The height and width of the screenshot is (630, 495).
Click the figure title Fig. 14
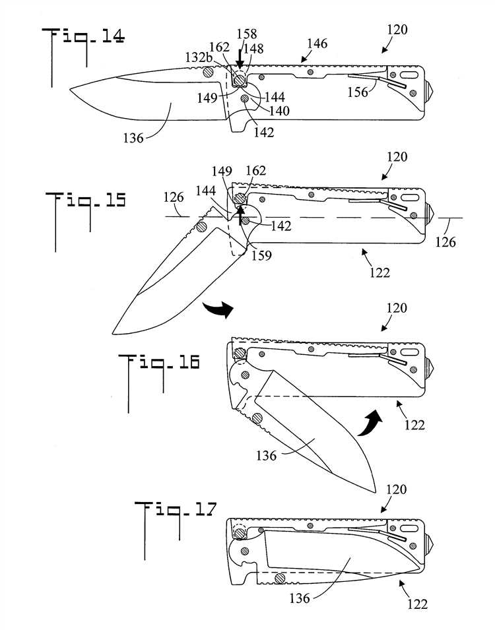[x=83, y=38]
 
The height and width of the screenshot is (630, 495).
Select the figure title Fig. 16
[x=158, y=362]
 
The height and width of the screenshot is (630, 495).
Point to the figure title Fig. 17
[x=176, y=510]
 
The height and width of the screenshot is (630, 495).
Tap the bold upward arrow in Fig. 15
[x=241, y=213]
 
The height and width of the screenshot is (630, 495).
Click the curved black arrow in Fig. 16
[x=372, y=422]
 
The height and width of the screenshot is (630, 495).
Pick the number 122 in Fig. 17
[x=416, y=603]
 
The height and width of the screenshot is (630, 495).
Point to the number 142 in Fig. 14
[x=264, y=131]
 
